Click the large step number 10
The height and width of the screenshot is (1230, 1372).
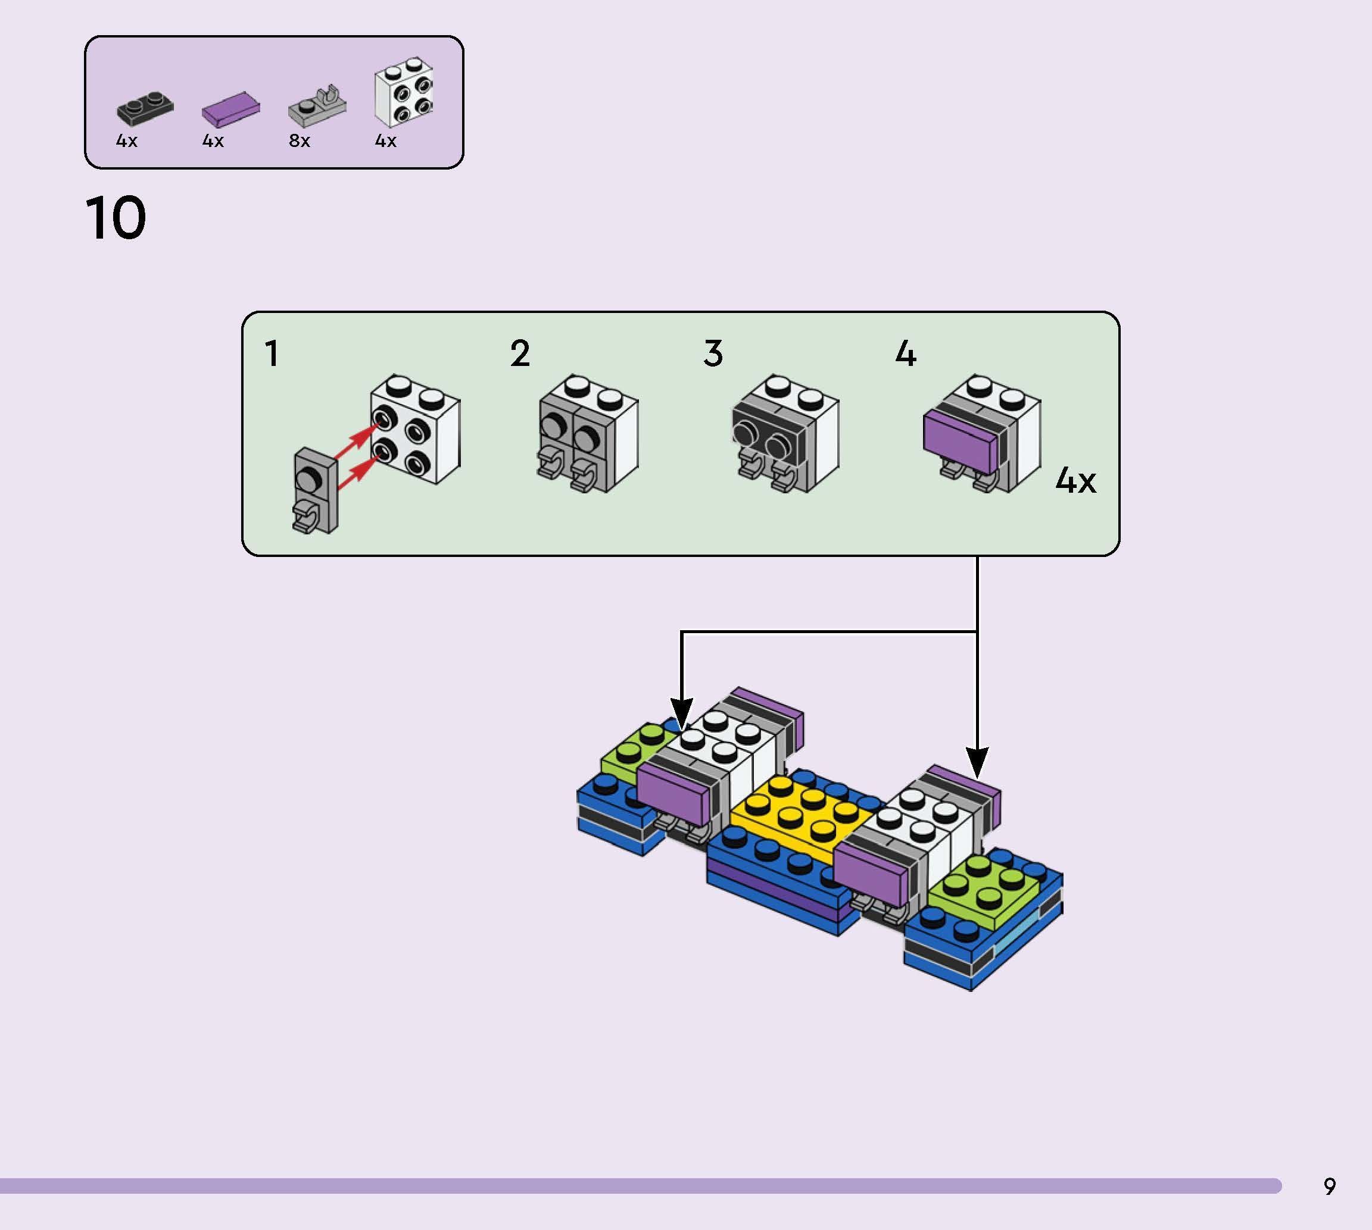tap(116, 218)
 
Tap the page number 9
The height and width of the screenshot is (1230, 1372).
tap(1329, 1186)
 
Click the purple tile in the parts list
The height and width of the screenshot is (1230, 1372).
tap(230, 109)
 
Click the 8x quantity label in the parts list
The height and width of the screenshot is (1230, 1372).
tap(299, 140)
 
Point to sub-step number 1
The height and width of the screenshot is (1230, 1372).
tap(272, 353)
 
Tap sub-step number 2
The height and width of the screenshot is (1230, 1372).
tap(519, 353)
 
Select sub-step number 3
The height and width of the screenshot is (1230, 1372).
tap(713, 353)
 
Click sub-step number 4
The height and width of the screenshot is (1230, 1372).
tap(905, 353)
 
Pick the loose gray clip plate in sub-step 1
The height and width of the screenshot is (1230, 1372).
tap(314, 490)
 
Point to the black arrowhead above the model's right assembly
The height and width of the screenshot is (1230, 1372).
tap(977, 762)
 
